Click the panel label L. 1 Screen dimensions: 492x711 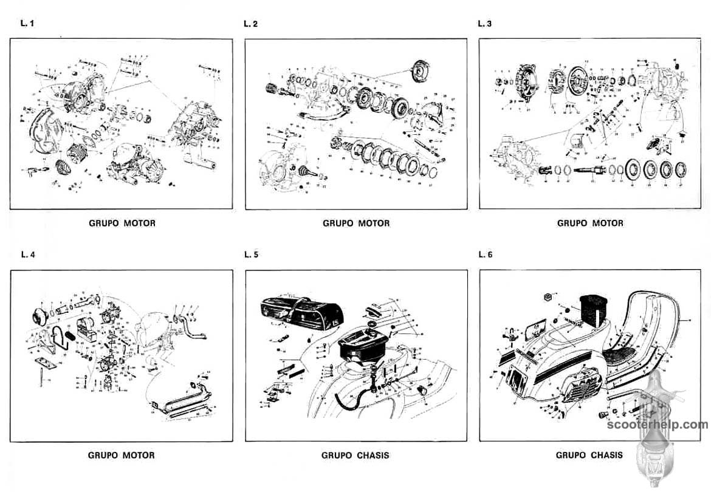point(24,24)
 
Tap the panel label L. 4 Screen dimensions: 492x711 point(24,255)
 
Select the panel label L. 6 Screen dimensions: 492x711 point(485,255)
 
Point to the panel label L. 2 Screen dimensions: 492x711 point(250,24)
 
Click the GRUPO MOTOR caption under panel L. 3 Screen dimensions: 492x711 point(590,224)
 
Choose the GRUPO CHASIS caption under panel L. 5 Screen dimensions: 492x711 point(355,455)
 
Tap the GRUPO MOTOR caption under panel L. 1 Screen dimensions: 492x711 point(122,224)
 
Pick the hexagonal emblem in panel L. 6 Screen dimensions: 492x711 point(546,297)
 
